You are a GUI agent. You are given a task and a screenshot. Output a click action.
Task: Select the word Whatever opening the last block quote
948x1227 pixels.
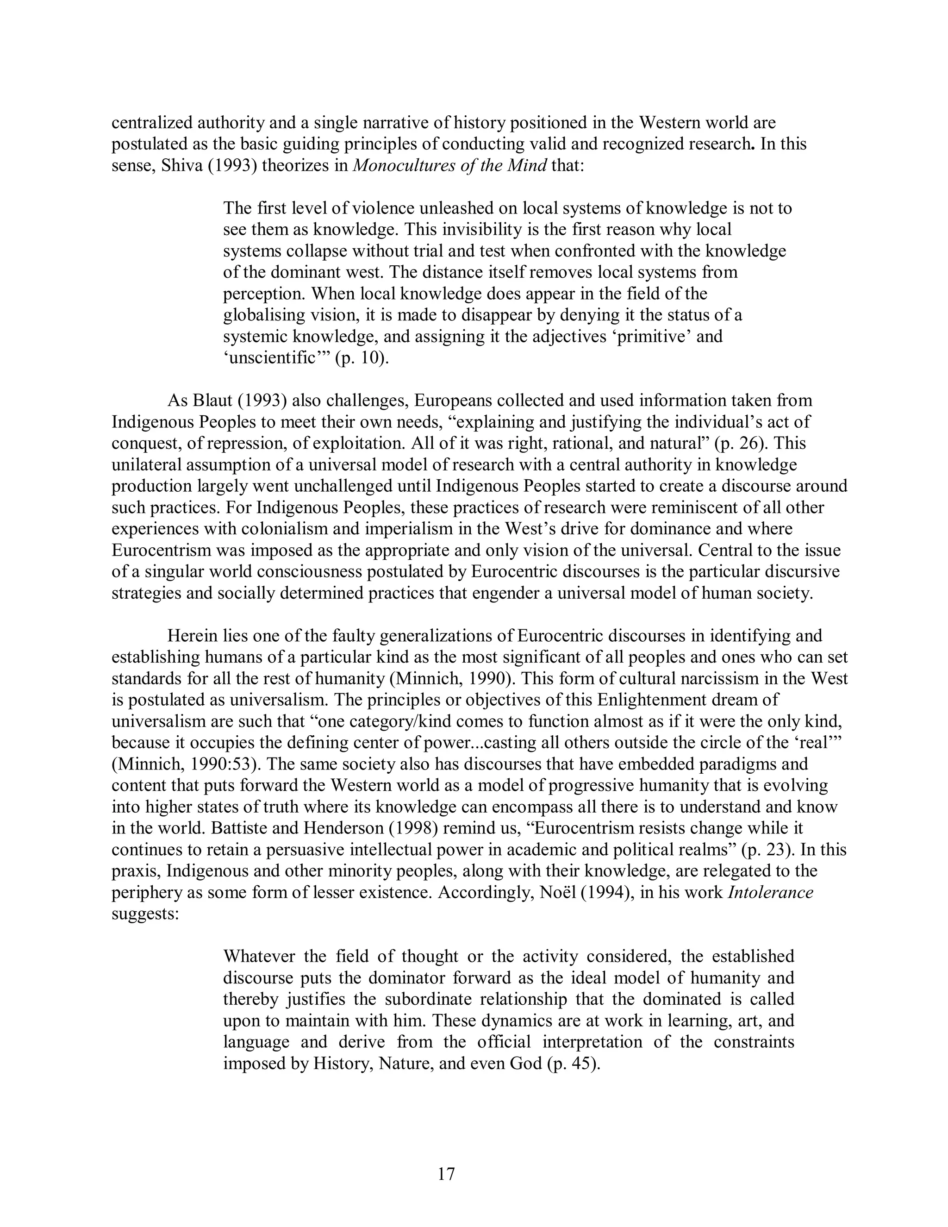259,957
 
